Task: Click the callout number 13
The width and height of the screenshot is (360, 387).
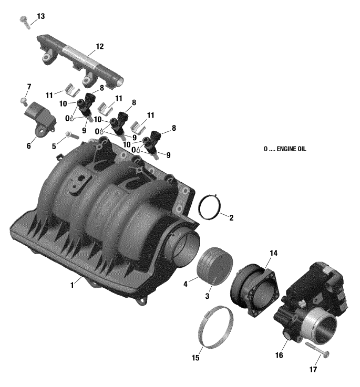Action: pyautogui.click(x=41, y=16)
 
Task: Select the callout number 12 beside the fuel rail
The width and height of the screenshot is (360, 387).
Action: pyautogui.click(x=99, y=46)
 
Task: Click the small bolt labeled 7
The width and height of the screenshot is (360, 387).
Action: pyautogui.click(x=24, y=100)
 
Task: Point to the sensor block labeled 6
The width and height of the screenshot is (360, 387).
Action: pyautogui.click(x=40, y=118)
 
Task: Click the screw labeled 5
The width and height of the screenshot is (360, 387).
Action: pyautogui.click(x=72, y=135)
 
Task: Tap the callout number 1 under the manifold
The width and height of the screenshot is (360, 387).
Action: pyautogui.click(x=72, y=285)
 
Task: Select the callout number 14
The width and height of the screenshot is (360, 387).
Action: pyautogui.click(x=273, y=253)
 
